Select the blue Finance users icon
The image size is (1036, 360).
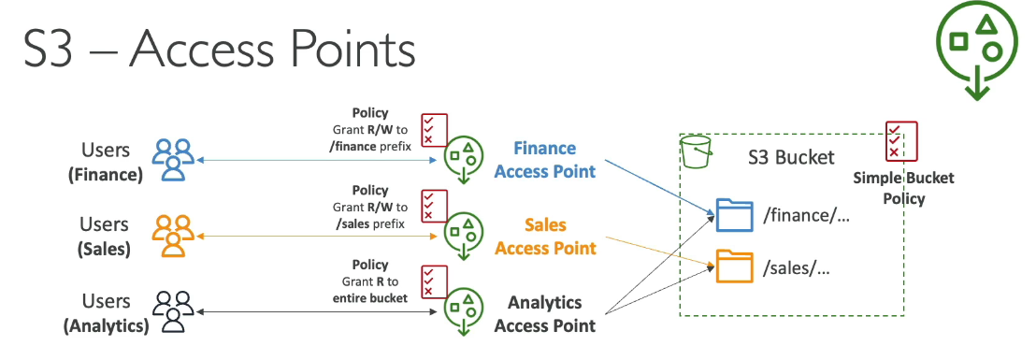pos(173,159)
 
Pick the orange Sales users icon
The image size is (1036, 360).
pos(173,236)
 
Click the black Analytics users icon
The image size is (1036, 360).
pos(173,311)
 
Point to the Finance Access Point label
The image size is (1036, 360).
pos(544,160)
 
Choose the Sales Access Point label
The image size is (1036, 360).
pos(544,237)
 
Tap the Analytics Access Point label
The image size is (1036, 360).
pos(544,313)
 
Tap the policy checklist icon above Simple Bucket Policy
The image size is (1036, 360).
pos(900,140)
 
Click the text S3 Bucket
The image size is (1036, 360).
pos(791,157)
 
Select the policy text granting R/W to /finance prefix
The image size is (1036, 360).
pos(372,128)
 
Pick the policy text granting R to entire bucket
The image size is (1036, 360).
pos(372,281)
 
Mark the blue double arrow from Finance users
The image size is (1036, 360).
pos(318,161)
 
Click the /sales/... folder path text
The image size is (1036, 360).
pos(797,268)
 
